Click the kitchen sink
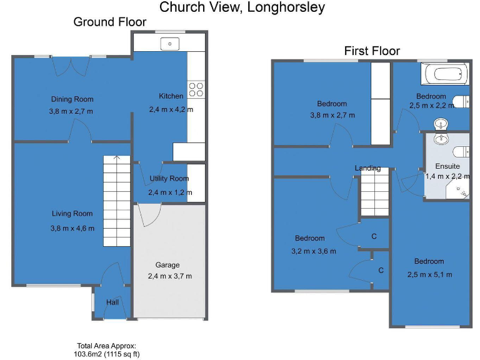tap(169, 44)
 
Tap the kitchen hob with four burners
tap(196, 89)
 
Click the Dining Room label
tap(72, 99)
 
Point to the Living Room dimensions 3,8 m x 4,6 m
tap(72, 228)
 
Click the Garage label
tap(167, 265)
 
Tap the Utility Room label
tap(169, 179)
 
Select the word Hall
tap(112, 302)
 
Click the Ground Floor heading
tap(110, 22)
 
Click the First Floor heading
tap(372, 51)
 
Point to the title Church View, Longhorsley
tap(242, 7)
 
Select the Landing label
tap(367, 168)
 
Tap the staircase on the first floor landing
tap(374, 194)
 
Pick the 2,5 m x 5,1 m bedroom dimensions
tap(429, 274)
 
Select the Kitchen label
tap(171, 96)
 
